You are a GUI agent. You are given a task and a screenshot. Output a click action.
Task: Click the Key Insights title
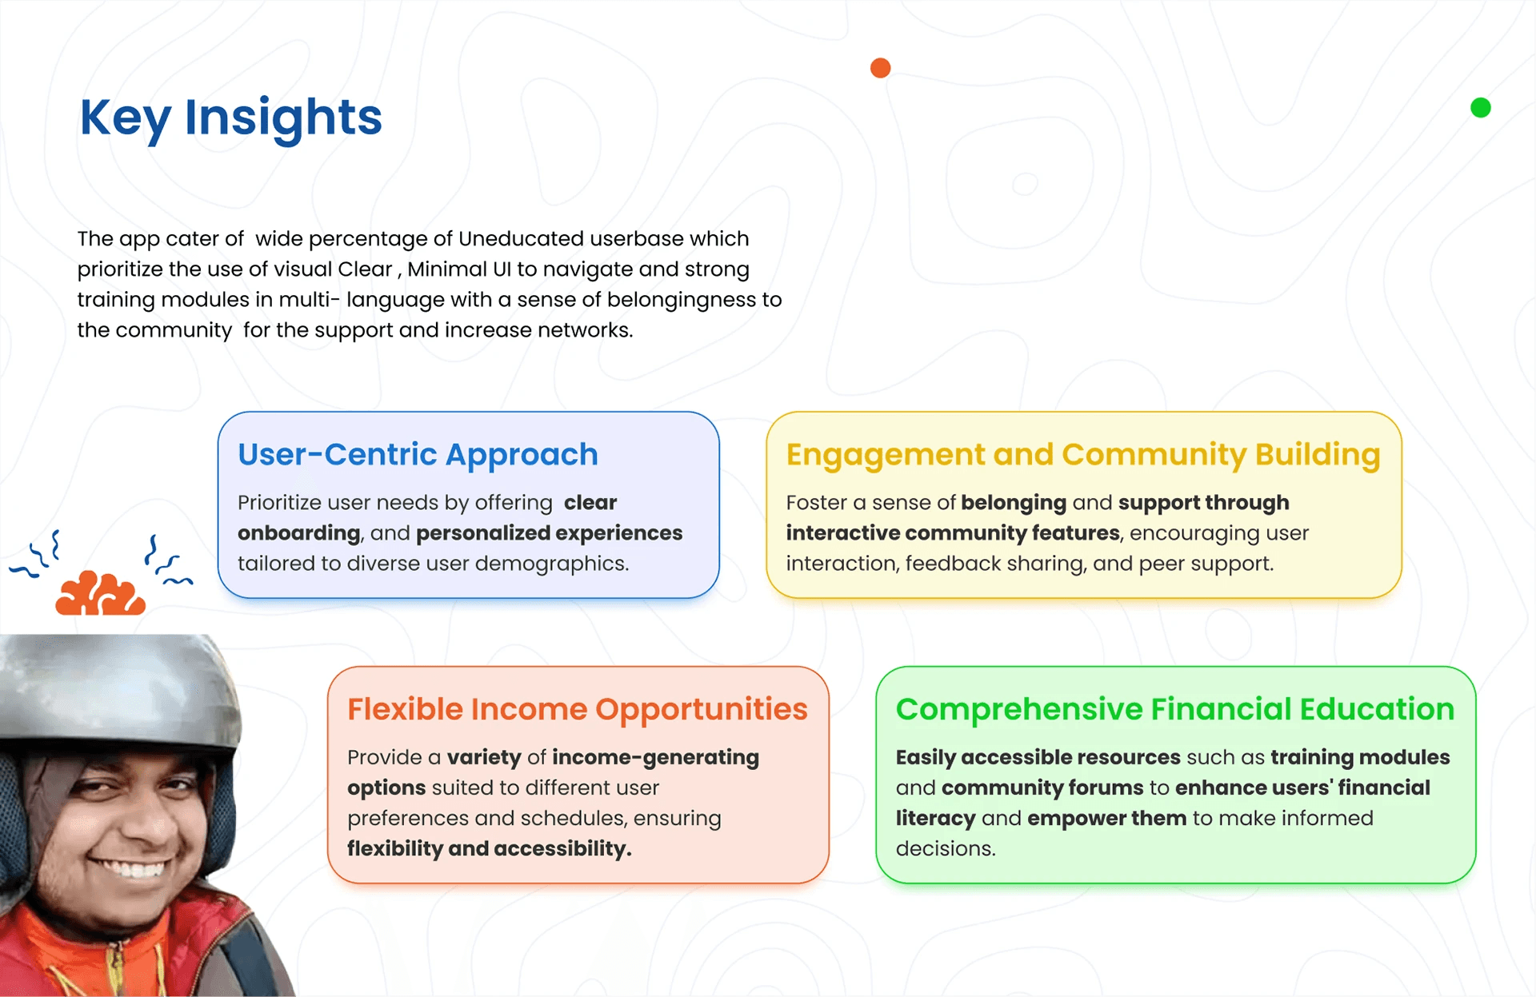(x=231, y=118)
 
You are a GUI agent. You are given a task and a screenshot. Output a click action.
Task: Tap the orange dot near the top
(x=880, y=68)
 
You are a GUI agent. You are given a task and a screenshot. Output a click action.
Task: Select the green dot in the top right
(x=1481, y=108)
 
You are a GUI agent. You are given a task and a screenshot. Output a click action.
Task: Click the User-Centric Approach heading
(x=418, y=455)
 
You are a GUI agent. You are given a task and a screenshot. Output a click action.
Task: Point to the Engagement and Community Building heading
(x=1083, y=455)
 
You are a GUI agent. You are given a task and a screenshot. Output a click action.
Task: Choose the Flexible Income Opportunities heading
(x=578, y=709)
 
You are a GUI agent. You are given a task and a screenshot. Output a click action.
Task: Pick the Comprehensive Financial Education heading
(x=1175, y=709)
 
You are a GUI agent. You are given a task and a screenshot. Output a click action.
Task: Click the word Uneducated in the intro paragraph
(x=521, y=239)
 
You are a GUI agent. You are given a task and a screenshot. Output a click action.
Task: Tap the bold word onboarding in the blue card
(x=299, y=533)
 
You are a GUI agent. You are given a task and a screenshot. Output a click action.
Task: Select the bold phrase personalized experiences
(x=550, y=533)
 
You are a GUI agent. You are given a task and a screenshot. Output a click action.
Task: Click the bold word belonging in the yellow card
(x=1014, y=503)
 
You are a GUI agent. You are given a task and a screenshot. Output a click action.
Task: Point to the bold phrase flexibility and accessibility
(x=490, y=848)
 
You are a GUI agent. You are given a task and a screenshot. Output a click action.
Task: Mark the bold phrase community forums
(x=1042, y=788)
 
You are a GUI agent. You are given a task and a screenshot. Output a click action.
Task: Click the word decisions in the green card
(x=946, y=848)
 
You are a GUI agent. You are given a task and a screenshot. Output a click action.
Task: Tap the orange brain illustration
(x=101, y=593)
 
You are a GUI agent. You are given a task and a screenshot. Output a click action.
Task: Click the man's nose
(x=144, y=824)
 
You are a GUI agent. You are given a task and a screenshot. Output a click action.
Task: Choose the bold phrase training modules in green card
(x=1360, y=757)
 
